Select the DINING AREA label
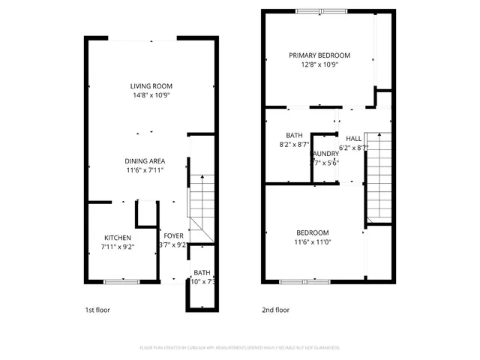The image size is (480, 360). (x=145, y=161)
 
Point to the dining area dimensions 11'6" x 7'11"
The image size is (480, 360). (x=145, y=171)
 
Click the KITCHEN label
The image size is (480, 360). (x=118, y=237)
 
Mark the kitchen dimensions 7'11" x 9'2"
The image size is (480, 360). (x=118, y=246)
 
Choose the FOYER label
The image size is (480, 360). (x=173, y=236)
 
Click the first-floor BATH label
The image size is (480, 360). (x=202, y=273)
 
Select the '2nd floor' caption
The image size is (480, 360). (x=276, y=309)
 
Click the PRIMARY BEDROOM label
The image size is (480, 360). (x=320, y=55)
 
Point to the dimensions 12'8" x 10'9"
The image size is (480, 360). (x=320, y=64)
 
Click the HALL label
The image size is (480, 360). (x=354, y=139)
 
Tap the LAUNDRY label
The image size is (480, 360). (x=324, y=154)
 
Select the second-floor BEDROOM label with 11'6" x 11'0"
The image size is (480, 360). (x=312, y=232)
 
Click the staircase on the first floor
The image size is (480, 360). (x=200, y=199)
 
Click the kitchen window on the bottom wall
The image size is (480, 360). (x=121, y=281)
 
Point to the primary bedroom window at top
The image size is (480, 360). (x=321, y=10)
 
